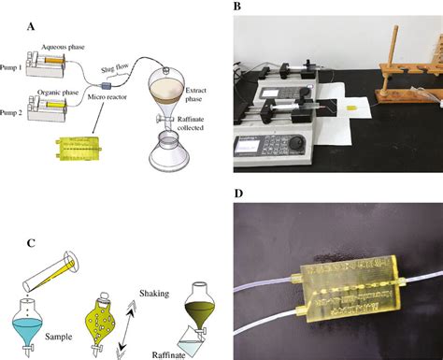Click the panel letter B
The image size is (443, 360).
tap(237, 7)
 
